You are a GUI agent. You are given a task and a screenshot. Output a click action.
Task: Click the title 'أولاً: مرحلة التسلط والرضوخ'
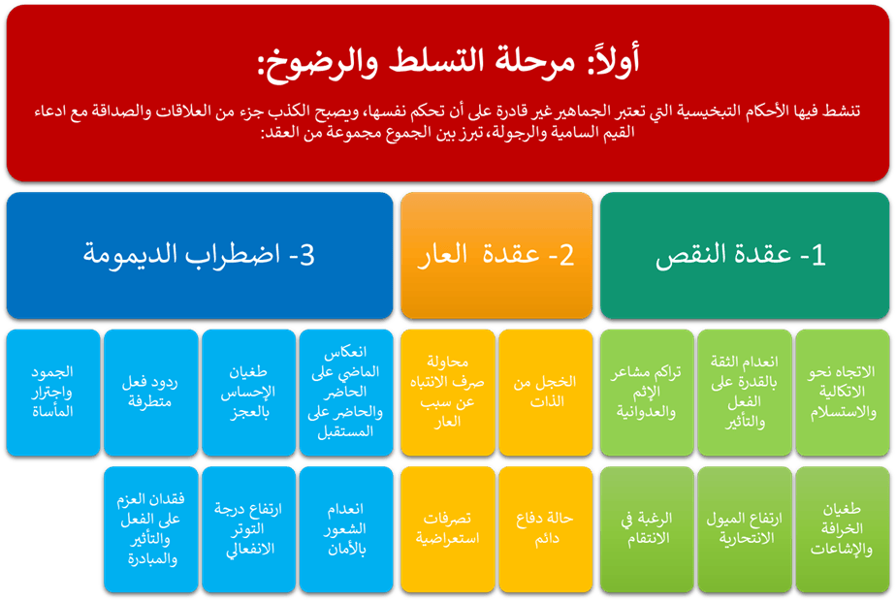448,60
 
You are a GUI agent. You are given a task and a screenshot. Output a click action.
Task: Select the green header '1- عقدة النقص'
745,255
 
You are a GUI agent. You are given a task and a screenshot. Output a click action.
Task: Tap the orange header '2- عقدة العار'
496,255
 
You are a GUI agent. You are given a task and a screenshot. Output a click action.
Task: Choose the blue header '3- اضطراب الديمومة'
200,255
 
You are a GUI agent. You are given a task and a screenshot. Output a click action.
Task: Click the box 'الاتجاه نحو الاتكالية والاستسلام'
843,393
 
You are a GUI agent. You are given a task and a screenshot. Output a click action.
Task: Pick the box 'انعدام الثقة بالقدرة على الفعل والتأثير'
745,393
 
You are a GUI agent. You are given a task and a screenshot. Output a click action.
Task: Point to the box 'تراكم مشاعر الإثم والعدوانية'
647,393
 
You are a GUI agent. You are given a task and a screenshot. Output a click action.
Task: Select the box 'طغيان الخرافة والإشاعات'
843,529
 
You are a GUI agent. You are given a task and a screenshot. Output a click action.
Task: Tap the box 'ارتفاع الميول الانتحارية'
745,529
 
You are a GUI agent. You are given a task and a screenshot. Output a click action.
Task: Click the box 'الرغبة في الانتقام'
647,529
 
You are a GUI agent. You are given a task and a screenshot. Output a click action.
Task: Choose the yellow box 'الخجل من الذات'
546,393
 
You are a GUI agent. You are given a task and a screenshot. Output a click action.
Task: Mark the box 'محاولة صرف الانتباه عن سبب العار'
448,393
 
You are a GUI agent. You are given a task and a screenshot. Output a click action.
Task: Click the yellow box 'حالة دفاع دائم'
546,529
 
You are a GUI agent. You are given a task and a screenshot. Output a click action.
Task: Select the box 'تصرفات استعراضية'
448,529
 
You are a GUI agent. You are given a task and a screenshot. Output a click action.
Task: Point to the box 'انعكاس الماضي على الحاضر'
346,393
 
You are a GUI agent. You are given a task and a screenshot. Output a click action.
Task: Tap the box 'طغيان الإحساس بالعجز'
248,393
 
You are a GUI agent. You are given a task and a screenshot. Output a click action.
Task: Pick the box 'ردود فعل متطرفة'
151,393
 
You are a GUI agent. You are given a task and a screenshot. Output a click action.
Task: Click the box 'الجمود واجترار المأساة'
53,393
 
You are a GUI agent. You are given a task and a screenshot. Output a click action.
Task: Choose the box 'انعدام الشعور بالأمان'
346,529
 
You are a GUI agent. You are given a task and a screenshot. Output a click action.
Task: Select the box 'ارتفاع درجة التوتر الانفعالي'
248,529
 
